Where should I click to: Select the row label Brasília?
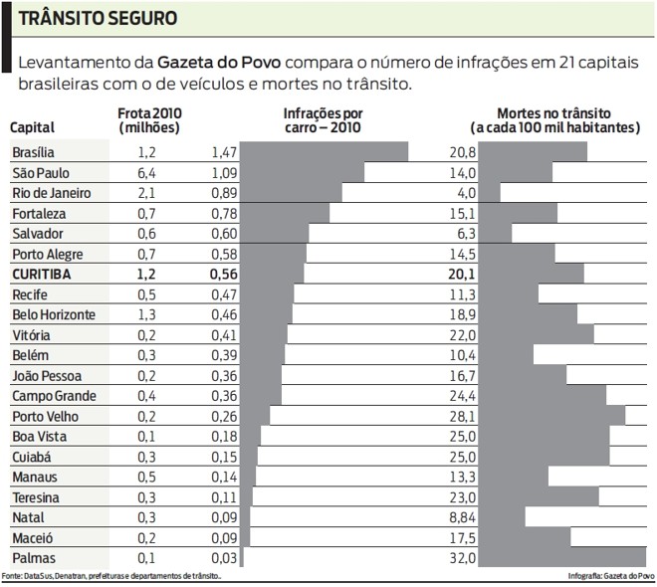(33, 152)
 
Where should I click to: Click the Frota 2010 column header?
(149, 120)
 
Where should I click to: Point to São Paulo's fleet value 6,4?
(147, 173)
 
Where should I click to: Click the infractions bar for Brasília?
(324, 152)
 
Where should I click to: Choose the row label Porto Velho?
(43, 416)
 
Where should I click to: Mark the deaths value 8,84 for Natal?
(463, 517)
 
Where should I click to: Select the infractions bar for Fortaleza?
(285, 213)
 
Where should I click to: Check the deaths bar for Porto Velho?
(552, 416)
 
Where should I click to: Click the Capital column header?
(32, 127)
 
